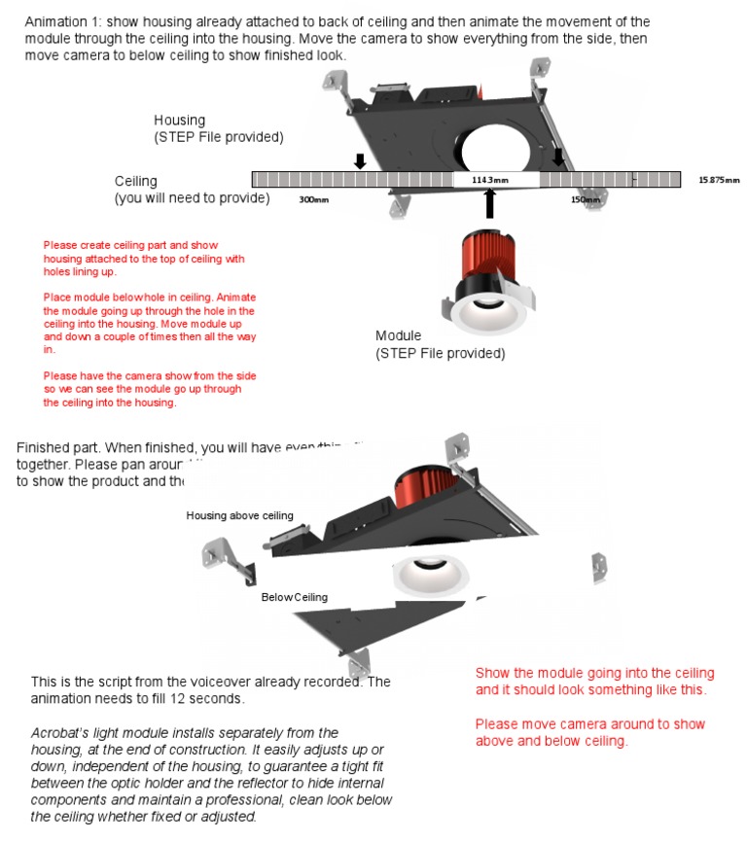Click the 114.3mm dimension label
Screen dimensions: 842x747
(x=490, y=180)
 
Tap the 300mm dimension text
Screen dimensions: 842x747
(x=312, y=199)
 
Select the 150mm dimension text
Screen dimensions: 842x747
(x=585, y=199)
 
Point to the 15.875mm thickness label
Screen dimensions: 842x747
(x=719, y=180)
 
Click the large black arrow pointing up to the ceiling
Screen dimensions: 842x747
(x=490, y=203)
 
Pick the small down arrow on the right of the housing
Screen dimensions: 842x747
(x=558, y=157)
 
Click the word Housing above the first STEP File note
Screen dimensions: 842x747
(x=180, y=121)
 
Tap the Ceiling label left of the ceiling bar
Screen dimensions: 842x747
(x=136, y=182)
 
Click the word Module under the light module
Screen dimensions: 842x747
(x=399, y=336)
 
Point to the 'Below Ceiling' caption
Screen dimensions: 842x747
(x=295, y=597)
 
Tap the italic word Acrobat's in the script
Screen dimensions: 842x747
(x=60, y=732)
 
